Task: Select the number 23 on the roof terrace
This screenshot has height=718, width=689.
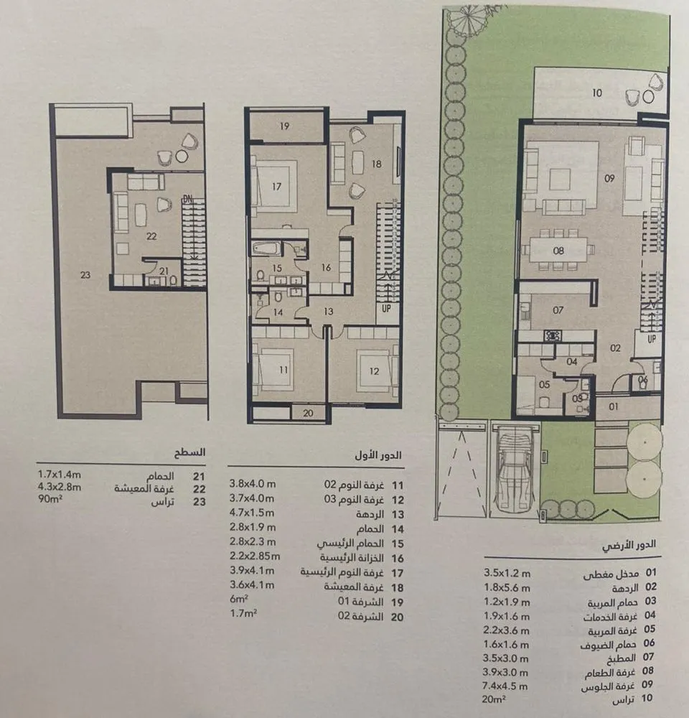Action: pyautogui.click(x=85, y=274)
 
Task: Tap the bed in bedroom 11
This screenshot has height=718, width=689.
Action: pyautogui.click(x=276, y=368)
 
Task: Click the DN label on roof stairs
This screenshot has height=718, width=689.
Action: pyautogui.click(x=187, y=199)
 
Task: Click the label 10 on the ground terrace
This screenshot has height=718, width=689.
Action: pyautogui.click(x=598, y=92)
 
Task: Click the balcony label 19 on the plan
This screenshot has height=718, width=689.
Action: pyautogui.click(x=284, y=126)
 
